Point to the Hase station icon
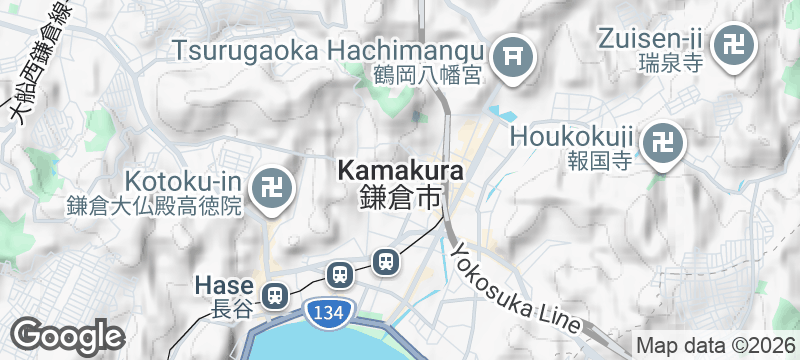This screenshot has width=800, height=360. click(273, 295)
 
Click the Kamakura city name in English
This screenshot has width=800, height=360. click(400, 171)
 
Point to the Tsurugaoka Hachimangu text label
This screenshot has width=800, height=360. click(329, 47)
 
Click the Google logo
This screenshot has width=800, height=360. click(68, 335)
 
